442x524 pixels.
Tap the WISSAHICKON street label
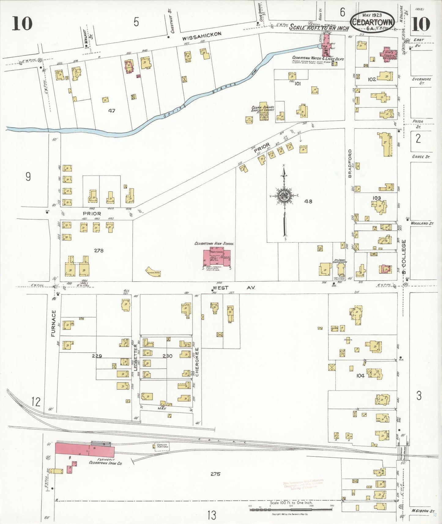tap(202, 36)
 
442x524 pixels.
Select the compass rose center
tap(284, 196)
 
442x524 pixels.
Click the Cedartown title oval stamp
tap(372, 22)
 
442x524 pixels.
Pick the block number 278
tap(98, 250)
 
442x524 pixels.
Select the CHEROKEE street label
tap(197, 362)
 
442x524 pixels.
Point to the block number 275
tap(215, 474)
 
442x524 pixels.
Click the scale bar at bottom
tap(291, 510)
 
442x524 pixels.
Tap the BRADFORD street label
tap(350, 163)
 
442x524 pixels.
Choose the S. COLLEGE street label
tap(404, 257)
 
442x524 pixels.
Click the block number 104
tap(360, 376)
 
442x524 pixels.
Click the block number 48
tap(308, 201)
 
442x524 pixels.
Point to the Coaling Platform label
tap(162, 446)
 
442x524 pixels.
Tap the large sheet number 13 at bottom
tap(212, 515)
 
